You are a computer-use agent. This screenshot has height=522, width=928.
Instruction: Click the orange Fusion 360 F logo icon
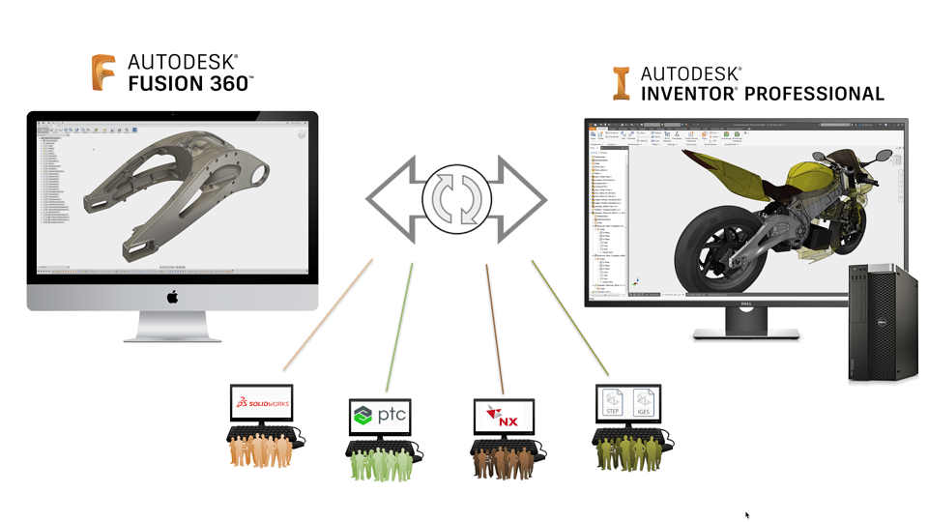103,73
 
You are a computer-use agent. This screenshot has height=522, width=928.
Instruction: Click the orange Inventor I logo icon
622,84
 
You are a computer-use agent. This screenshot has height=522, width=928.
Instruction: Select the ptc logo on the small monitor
379,416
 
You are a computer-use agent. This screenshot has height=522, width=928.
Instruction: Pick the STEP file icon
612,401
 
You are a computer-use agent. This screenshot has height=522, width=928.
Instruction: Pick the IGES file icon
642,401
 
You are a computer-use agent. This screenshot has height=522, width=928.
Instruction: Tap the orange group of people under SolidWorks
260,450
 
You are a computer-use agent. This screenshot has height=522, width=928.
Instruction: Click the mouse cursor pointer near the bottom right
747,515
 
